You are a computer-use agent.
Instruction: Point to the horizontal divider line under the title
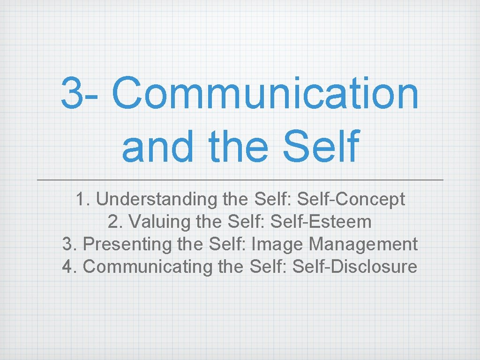(240, 180)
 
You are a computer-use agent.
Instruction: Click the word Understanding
(157, 199)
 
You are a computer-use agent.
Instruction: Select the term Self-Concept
(351, 199)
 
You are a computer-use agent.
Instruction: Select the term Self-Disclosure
(354, 267)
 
